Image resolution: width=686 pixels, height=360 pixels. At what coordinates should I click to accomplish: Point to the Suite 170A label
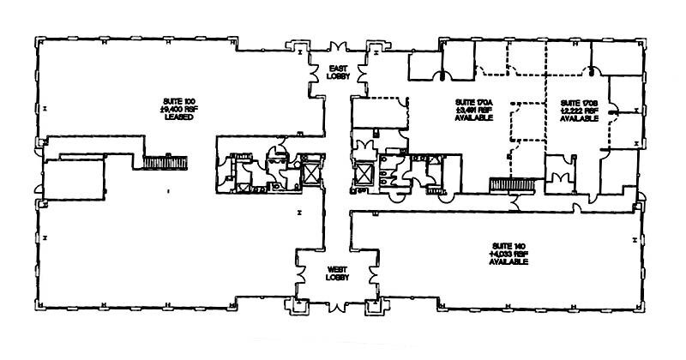coord(472,102)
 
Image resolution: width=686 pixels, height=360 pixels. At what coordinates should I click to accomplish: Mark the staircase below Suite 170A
coord(511,184)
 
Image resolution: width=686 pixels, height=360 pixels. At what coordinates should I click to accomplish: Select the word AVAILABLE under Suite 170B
coord(575,120)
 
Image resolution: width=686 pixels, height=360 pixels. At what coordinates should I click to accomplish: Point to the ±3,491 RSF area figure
coord(472,111)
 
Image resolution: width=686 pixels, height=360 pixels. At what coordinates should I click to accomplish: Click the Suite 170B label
coord(575,102)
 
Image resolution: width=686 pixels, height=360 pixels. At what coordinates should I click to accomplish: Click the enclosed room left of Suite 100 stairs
coord(75,181)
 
